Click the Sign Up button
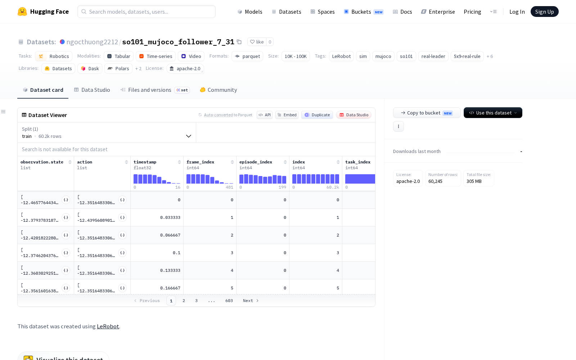pos(544,12)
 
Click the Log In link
pos(517,12)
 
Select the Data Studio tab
pos(92,90)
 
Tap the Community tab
pos(218,90)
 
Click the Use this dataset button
pos(493,113)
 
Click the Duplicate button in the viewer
pos(317,115)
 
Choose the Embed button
pos(287,115)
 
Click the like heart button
pos(257,42)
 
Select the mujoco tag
pos(383,56)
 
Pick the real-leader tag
pos(433,56)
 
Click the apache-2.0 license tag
pos(185,68)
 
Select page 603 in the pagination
pos(229,301)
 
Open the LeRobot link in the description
pos(108,326)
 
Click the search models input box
pos(146,12)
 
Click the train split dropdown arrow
pos(189,136)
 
